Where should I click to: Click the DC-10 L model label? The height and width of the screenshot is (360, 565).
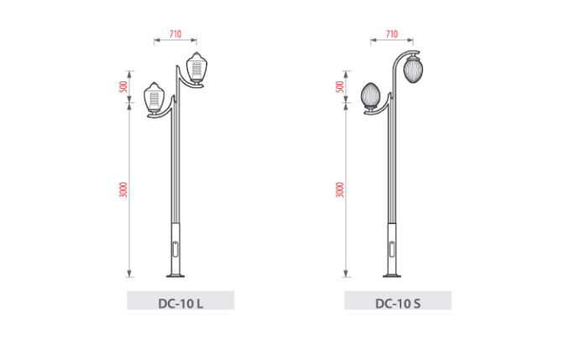click(180, 304)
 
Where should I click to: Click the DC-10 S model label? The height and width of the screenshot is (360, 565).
click(398, 304)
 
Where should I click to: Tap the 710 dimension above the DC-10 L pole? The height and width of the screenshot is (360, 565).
click(175, 34)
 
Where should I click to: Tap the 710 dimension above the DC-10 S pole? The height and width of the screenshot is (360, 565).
click(392, 34)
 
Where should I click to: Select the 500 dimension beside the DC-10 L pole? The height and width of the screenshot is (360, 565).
click(123, 86)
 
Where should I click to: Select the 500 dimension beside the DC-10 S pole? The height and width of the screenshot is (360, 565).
click(340, 86)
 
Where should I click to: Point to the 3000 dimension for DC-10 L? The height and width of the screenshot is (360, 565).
click(123, 190)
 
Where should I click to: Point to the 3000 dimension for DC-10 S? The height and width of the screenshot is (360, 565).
click(340, 190)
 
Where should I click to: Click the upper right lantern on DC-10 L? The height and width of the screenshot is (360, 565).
click(196, 69)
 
